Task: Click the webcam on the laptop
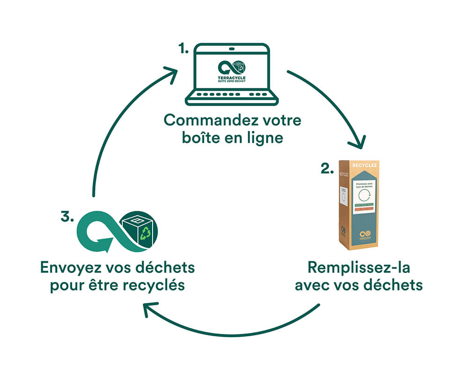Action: (x=232, y=48)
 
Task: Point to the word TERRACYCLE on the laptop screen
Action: (x=232, y=78)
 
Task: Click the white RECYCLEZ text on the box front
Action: (x=366, y=166)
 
